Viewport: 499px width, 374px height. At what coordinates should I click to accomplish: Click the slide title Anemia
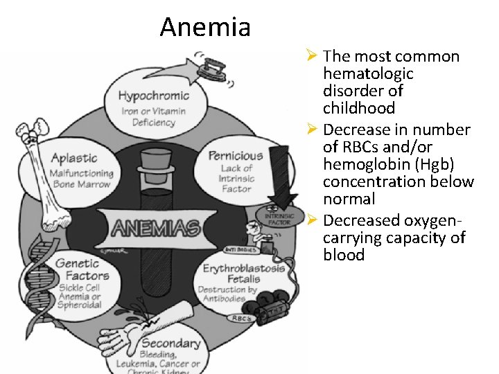tap(204, 27)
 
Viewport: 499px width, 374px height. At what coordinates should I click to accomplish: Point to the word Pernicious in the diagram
tap(236, 155)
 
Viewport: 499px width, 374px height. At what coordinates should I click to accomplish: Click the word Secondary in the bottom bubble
tap(170, 343)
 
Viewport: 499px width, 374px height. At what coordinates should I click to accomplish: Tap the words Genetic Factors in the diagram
tap(82, 269)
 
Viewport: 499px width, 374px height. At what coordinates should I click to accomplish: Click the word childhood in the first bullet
tap(358, 108)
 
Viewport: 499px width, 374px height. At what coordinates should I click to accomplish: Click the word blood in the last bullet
tap(343, 255)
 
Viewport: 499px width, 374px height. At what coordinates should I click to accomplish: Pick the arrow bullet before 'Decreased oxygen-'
tap(312, 220)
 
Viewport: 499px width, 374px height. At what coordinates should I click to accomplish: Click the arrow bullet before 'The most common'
tap(312, 55)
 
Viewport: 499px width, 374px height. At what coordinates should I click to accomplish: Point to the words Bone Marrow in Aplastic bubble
tap(80, 184)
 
